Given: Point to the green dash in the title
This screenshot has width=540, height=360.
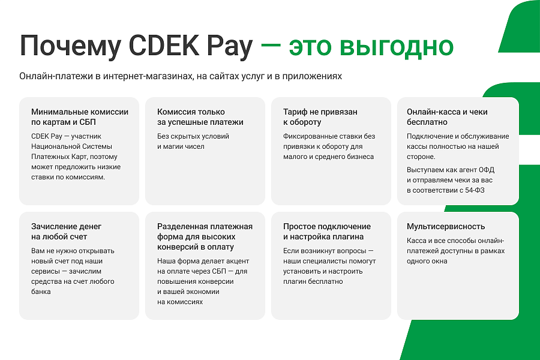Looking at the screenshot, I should point(271,46).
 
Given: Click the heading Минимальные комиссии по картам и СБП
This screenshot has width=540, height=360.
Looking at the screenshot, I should point(79,117).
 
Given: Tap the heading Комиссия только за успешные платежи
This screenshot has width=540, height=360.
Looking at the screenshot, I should point(200,117).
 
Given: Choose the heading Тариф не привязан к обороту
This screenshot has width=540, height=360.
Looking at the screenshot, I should point(320,117).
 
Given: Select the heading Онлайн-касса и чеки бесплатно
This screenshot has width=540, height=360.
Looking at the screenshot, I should point(447,117).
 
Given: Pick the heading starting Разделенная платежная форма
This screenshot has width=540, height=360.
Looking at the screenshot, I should point(205,236).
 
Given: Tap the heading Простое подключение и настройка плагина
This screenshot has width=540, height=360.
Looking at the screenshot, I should point(327,232).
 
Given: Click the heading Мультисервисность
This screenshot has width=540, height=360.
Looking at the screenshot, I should point(446,227).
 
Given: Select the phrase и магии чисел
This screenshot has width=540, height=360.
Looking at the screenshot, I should point(181,146).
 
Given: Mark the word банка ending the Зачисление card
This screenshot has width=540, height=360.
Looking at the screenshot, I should point(41,292).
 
